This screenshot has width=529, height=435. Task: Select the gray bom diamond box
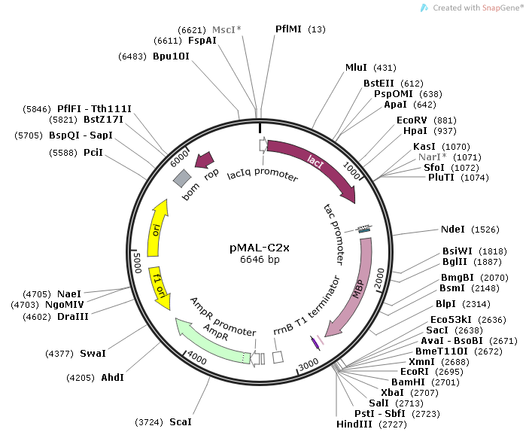click(x=182, y=178)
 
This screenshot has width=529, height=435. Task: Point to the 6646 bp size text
click(x=260, y=260)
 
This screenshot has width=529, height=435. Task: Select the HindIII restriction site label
click(x=355, y=424)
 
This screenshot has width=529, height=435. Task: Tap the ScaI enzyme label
click(x=180, y=421)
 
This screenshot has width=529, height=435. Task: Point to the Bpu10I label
click(x=171, y=56)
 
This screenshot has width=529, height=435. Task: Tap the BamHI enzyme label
click(x=409, y=382)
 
